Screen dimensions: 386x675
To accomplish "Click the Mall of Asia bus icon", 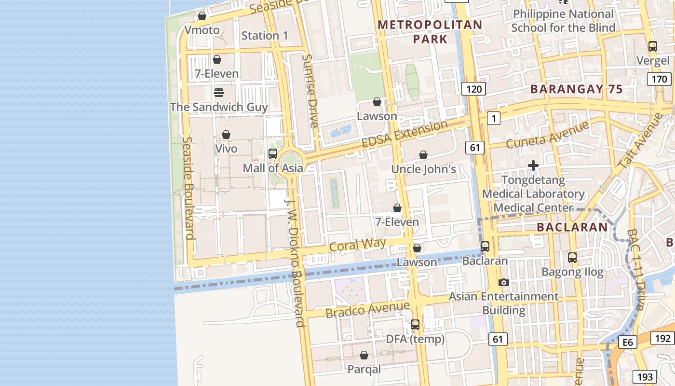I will [272, 154].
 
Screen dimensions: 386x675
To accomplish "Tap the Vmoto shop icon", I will [202, 16].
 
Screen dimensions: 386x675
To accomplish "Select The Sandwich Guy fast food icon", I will [219, 92].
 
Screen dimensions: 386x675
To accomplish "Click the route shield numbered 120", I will [473, 89].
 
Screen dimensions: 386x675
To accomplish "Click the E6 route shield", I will [627, 343].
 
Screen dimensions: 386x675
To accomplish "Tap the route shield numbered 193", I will [644, 377].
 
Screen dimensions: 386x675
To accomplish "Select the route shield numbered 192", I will [662, 338].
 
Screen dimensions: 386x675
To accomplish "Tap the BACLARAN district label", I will [572, 227].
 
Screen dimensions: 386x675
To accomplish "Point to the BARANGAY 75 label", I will [577, 89].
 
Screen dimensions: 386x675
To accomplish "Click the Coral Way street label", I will [357, 245].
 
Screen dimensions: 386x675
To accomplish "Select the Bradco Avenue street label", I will [367, 309].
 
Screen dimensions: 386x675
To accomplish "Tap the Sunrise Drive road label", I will [310, 91].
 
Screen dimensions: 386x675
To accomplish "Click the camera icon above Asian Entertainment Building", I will [504, 282].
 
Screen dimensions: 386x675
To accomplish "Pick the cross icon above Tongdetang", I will [533, 166].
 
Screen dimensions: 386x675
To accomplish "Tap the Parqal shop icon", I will [364, 355].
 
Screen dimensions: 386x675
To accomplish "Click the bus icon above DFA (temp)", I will [415, 325].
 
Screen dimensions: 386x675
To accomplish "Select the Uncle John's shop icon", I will [423, 155].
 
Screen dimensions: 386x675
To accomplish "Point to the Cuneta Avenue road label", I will [547, 135].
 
